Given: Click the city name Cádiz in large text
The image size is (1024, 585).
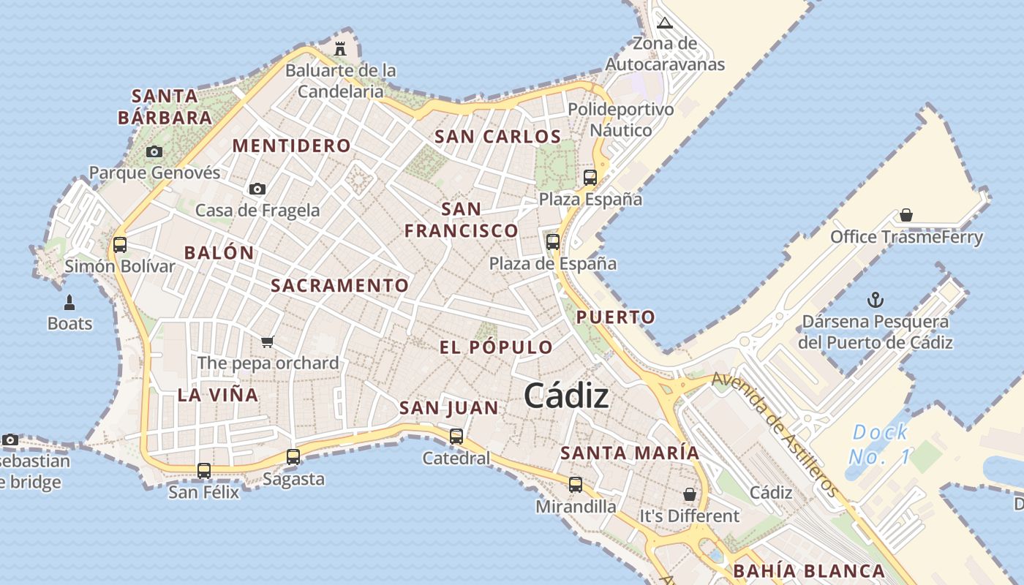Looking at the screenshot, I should point(566,396).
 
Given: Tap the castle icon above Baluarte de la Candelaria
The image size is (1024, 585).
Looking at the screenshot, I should point(340,49).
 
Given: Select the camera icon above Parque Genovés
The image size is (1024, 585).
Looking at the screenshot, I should point(154,151).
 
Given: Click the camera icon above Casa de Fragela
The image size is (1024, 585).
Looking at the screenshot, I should point(257,189).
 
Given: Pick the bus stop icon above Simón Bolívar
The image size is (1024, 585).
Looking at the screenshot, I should point(120,244).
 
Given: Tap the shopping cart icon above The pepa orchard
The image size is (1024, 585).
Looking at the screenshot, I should point(268,341).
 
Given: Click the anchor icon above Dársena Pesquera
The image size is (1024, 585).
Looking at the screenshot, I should point(875,299).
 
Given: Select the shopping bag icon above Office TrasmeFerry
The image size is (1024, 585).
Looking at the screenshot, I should point(906,215).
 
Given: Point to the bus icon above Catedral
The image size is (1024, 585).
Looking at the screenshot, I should point(456,437).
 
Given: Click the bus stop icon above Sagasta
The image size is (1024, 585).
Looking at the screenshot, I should point(293,457).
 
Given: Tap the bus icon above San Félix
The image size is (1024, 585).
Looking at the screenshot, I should point(204,470).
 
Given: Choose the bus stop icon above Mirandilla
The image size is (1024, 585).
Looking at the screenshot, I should point(576,484).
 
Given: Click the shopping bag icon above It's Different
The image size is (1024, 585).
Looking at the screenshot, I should point(689,494).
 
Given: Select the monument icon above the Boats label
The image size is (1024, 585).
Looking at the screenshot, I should point(69,301).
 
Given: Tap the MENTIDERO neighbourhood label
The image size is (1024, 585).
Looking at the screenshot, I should point(292,146).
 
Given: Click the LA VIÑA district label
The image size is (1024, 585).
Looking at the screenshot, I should point(218,395).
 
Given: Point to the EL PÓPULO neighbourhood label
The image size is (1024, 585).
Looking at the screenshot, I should point(496,347).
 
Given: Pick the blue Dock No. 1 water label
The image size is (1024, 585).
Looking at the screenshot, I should point(880,445).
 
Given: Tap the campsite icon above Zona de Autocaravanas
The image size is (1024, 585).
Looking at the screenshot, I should point(664,23).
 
